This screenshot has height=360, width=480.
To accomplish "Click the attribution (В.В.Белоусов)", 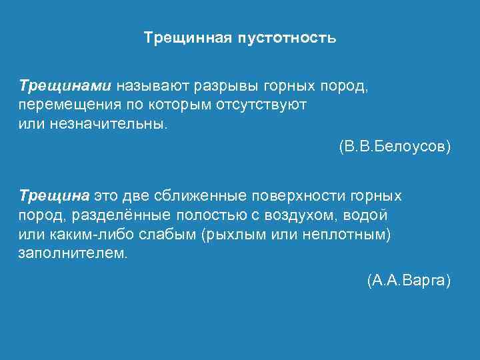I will pos(395,145).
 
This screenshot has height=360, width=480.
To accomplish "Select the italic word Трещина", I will pos(54,196).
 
